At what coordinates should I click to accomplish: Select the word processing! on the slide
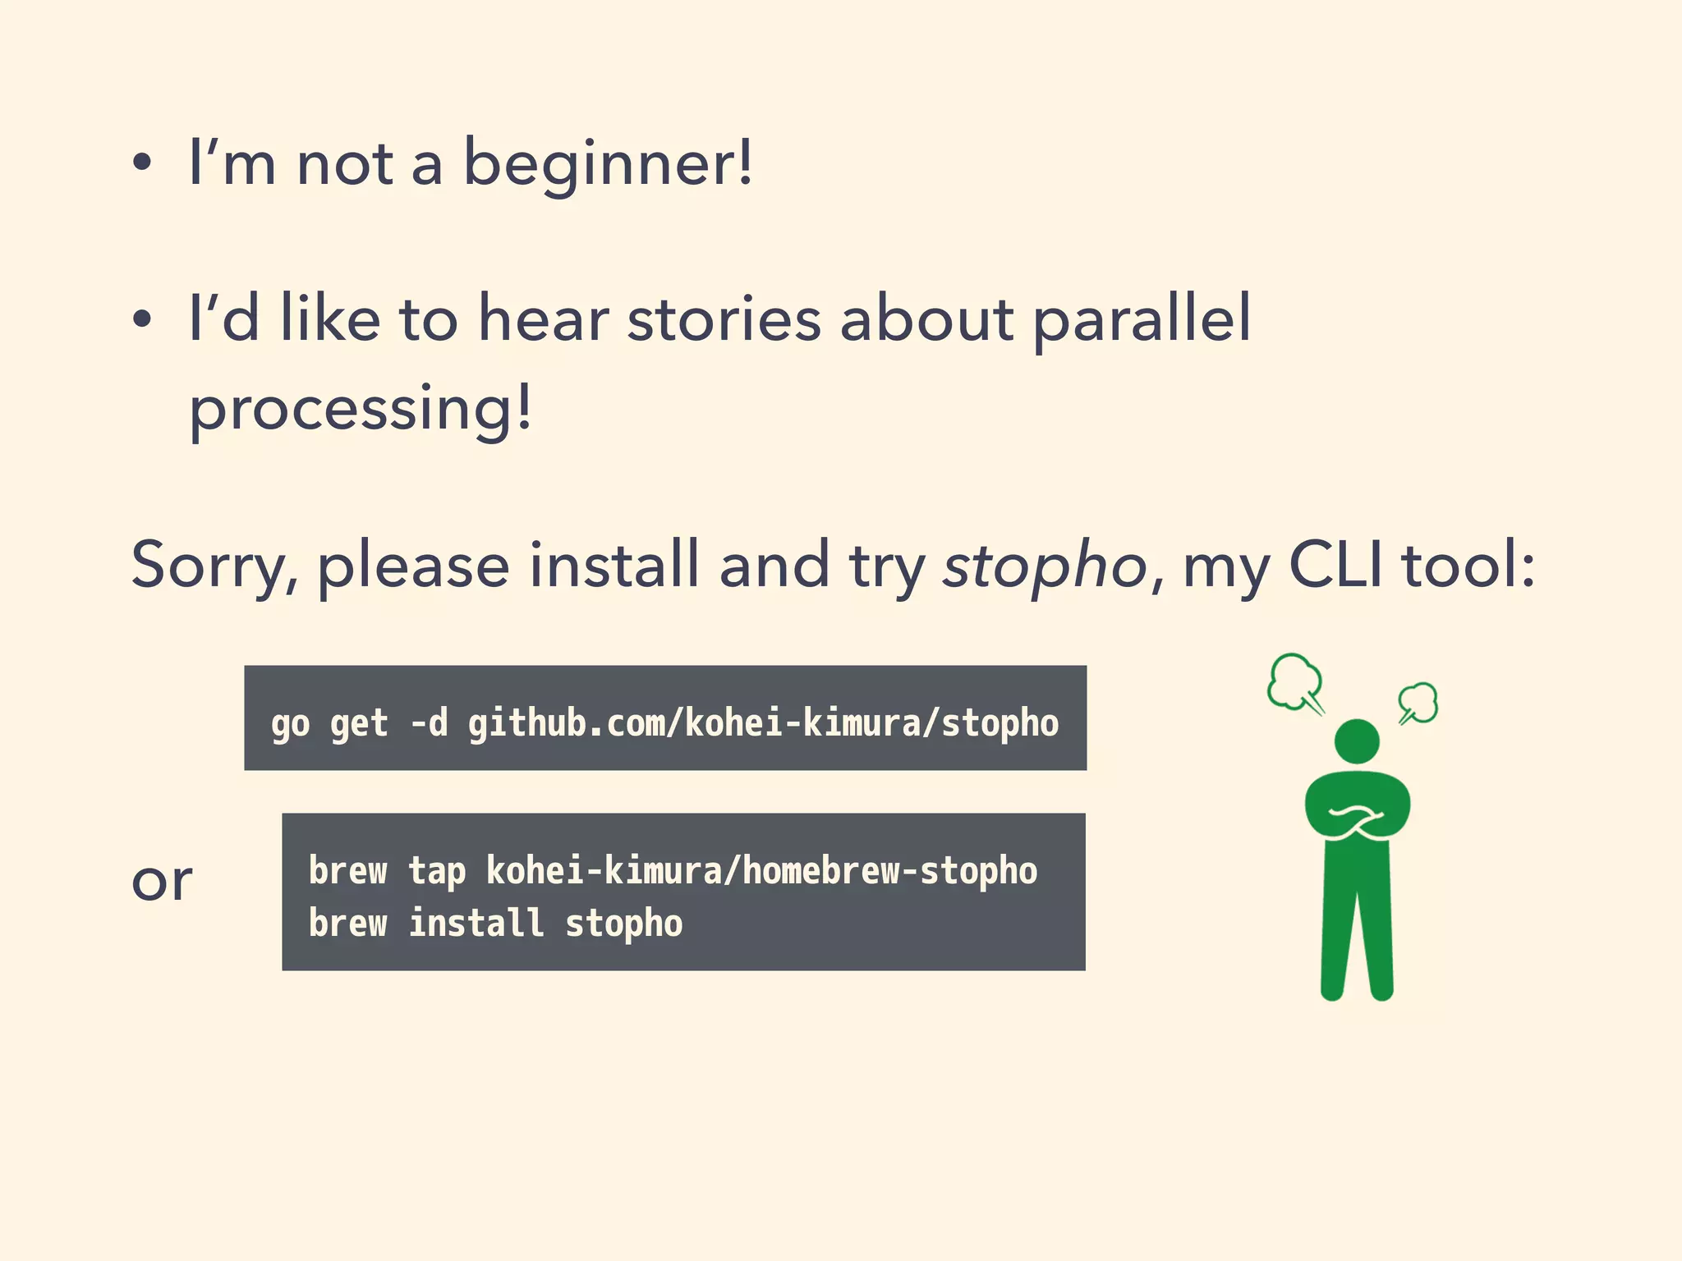[361, 408]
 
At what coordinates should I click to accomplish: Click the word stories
[724, 319]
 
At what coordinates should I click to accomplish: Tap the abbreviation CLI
[1336, 565]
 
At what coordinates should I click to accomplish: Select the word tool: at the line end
[1468, 565]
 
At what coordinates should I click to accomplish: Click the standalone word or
[162, 882]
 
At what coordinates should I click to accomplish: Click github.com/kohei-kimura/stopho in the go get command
[763, 723]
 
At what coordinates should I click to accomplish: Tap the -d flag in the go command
[429, 723]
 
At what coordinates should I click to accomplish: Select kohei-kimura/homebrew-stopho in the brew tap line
[761, 871]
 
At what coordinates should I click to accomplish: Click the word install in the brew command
[476, 924]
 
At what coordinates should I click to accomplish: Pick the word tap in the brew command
[437, 871]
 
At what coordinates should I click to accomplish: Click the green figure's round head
[1357, 741]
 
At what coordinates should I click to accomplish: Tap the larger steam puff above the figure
[1295, 681]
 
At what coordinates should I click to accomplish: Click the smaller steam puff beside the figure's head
[1418, 703]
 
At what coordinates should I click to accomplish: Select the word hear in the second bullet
[543, 319]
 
